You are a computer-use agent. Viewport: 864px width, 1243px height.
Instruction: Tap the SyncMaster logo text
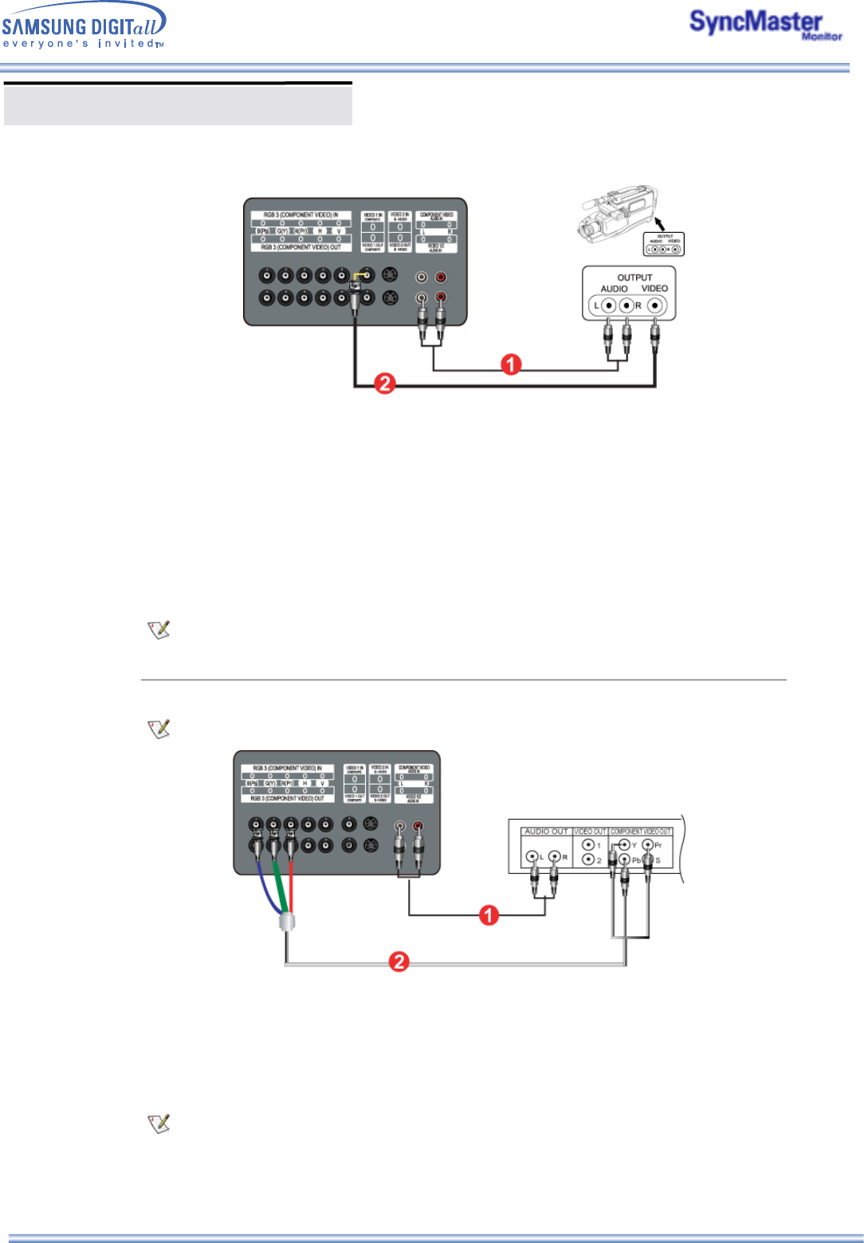pos(755,22)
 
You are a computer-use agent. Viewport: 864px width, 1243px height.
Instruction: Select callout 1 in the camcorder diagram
pos(511,365)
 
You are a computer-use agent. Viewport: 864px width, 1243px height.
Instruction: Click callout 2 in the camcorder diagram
pos(385,384)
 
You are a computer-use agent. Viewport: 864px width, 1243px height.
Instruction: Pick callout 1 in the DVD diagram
pos(489,915)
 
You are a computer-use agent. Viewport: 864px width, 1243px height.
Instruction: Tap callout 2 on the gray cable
pos(399,962)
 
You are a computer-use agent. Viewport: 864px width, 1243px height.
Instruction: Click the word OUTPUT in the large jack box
pos(634,277)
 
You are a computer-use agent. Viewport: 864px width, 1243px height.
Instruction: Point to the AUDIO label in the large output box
pos(614,289)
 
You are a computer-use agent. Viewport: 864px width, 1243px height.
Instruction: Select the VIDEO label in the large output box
pos(654,289)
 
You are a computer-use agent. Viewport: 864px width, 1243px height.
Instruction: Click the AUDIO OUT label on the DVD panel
pos(546,832)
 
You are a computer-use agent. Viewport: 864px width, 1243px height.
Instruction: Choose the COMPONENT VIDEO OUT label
pos(641,832)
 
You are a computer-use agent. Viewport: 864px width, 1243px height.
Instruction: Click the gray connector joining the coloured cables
pos(286,923)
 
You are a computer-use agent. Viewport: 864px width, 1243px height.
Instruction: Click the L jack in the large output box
pos(609,305)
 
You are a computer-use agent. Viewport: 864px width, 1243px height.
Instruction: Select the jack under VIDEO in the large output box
pos(655,305)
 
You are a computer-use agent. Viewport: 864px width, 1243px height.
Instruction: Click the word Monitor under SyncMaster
pos(822,37)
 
